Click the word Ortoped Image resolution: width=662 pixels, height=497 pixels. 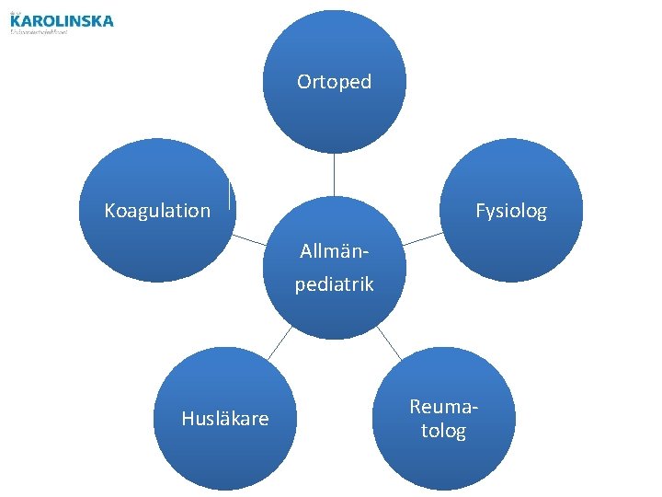point(334,82)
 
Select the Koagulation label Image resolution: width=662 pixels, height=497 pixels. point(157,211)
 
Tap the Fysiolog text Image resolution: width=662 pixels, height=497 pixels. point(510,211)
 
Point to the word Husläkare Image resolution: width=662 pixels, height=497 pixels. point(225,419)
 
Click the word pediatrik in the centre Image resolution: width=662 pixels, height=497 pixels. point(334,284)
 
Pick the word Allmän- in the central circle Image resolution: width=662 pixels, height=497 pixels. point(334,250)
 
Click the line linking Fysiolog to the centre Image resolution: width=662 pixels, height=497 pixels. point(422,237)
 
